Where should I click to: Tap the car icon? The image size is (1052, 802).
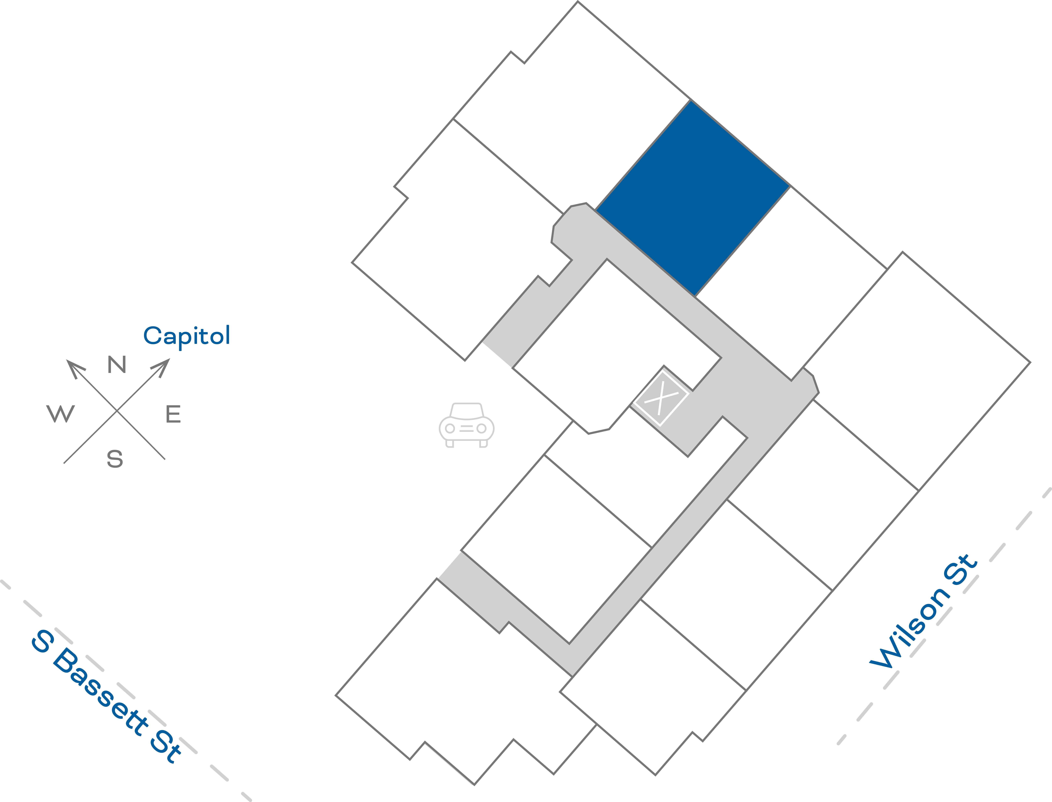tap(466, 425)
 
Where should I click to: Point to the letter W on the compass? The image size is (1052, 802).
tap(61, 413)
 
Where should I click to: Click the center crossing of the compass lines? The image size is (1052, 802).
tap(117, 411)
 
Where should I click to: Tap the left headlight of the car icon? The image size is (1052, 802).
tap(450, 428)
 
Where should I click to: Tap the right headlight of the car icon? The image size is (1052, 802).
tap(482, 428)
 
